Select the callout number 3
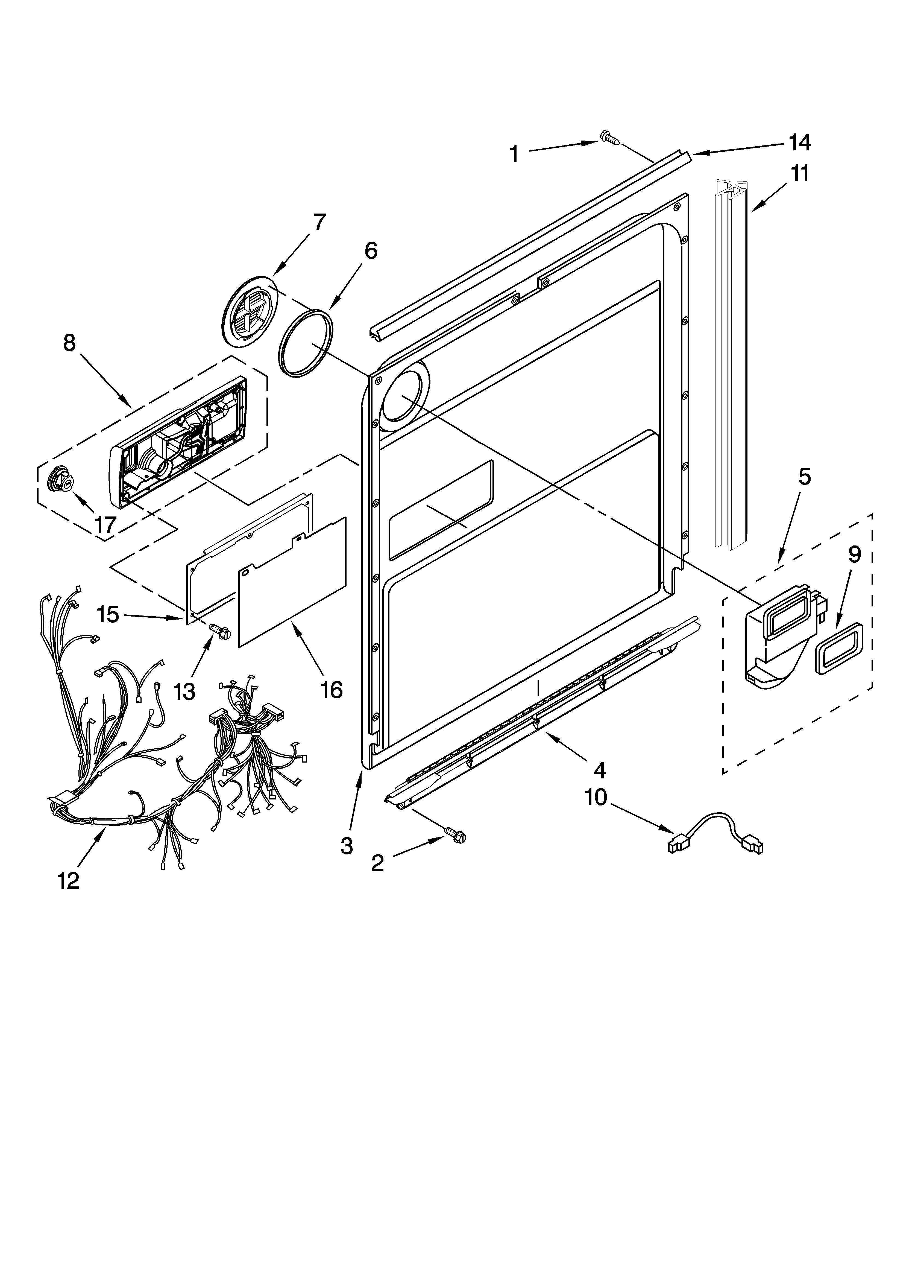[347, 846]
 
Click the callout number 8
[69, 343]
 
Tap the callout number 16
[331, 690]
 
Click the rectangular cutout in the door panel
[440, 510]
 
